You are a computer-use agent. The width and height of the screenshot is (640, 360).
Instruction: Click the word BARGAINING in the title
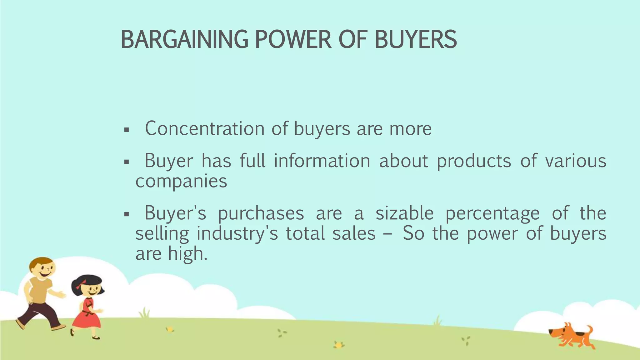[x=184, y=40]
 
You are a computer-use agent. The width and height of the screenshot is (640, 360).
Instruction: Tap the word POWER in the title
[x=293, y=40]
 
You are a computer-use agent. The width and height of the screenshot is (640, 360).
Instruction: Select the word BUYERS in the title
[x=416, y=40]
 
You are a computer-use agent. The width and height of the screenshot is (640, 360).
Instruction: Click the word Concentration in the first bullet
[x=205, y=128]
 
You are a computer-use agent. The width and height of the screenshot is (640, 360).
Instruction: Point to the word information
[x=322, y=161]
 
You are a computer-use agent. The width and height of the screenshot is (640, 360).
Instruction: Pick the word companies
[x=181, y=181]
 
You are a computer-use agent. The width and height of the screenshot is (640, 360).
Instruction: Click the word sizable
[x=404, y=213]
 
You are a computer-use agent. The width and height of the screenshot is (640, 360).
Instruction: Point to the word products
[x=474, y=161]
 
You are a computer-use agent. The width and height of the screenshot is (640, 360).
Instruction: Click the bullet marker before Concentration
[x=127, y=129]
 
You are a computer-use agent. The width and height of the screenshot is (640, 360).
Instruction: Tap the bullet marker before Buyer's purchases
[x=127, y=214]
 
